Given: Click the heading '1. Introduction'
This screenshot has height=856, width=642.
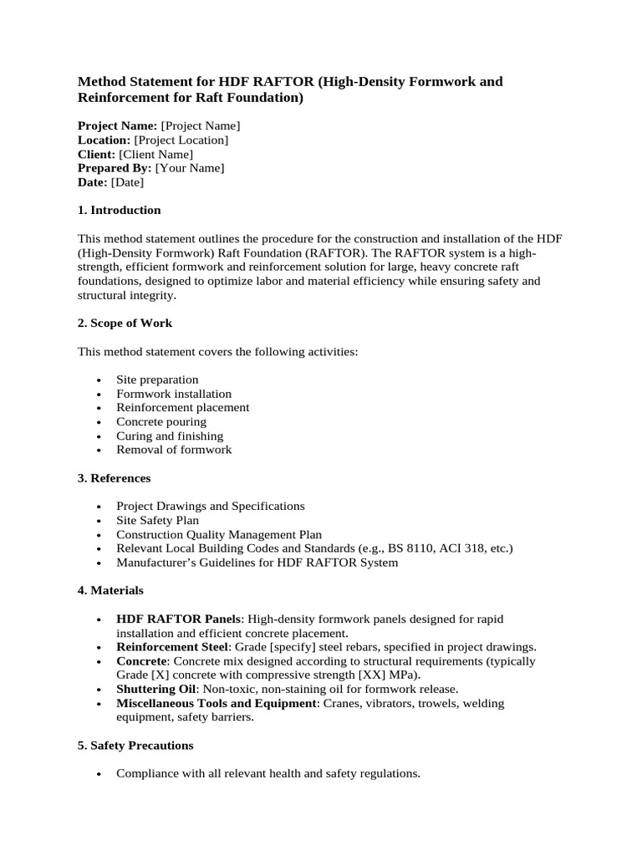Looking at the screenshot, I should (x=119, y=210).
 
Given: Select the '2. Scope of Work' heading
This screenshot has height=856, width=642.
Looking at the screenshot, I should (x=125, y=323).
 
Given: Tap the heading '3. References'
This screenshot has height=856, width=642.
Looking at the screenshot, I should (x=115, y=478).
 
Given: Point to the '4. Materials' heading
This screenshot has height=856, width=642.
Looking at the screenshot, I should (x=110, y=590).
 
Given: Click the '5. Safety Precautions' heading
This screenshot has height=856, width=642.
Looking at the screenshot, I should (x=135, y=745).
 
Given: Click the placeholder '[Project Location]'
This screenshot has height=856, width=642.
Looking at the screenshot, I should (x=181, y=140).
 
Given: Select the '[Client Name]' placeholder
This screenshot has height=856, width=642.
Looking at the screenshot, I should (x=156, y=154).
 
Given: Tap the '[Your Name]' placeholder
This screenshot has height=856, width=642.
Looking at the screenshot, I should (x=190, y=168).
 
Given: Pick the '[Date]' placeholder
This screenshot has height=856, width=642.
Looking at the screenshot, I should (x=127, y=182).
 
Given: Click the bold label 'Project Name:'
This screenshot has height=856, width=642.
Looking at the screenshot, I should (x=117, y=125).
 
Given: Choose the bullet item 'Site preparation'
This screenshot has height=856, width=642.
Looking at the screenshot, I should (x=157, y=380).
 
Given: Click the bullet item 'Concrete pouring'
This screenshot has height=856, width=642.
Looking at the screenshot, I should (x=161, y=421).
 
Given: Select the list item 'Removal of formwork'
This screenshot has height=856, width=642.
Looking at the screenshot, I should (x=174, y=450).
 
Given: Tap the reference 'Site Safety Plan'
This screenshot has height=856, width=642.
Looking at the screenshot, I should (x=157, y=520).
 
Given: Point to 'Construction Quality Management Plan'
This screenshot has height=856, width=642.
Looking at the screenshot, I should (x=219, y=534).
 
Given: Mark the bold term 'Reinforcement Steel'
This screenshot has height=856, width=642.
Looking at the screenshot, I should (x=171, y=647).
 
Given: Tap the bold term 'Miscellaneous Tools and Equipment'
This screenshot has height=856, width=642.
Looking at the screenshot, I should (x=217, y=703).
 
